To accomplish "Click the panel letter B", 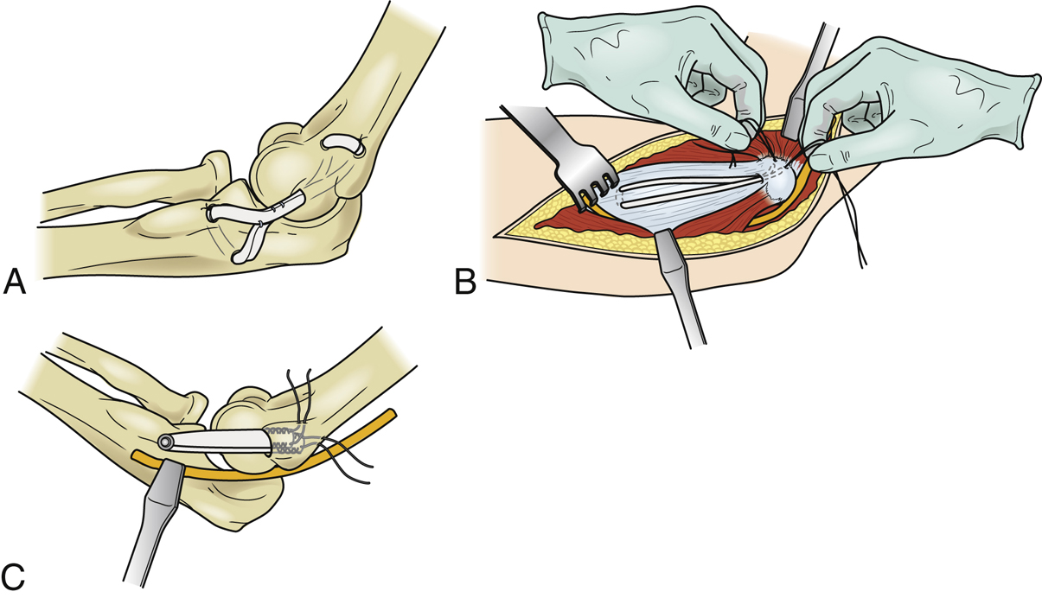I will (466, 282).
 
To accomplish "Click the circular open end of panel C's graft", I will (164, 442).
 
